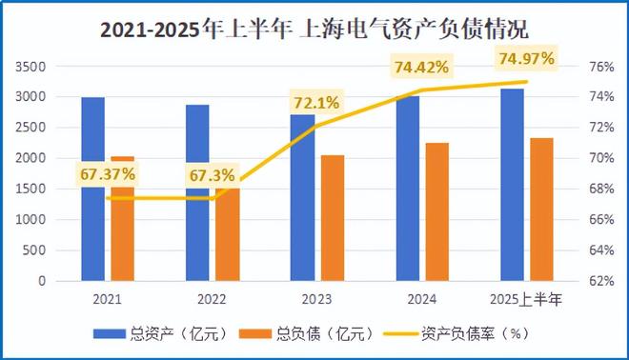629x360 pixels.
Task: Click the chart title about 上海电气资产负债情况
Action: (x=315, y=29)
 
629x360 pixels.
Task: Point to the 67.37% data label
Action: (x=108, y=173)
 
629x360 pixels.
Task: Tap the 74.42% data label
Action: (x=421, y=67)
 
